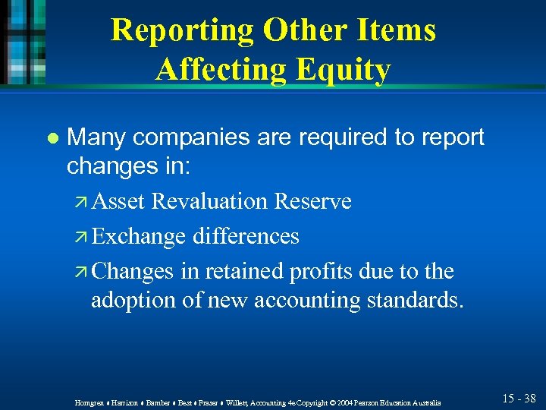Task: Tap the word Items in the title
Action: click(396, 31)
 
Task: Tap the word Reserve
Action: click(312, 201)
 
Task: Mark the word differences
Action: click(246, 236)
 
